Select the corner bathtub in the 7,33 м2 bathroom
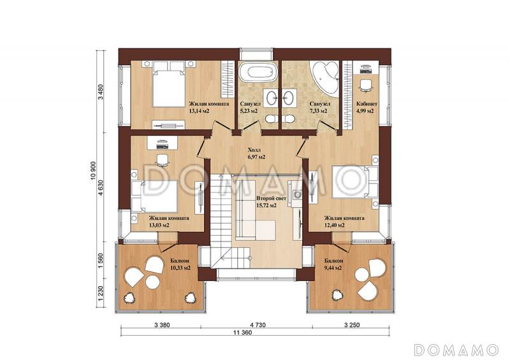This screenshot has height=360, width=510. tap(324, 75)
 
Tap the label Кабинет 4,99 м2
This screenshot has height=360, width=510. tap(367, 107)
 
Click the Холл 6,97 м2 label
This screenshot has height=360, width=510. tap(256, 154)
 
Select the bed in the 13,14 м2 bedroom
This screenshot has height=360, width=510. tap(168, 85)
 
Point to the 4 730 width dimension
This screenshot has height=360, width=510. tap(258, 324)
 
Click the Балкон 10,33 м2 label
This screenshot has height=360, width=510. tap(180, 264)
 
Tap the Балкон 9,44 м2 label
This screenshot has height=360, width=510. tap(333, 264)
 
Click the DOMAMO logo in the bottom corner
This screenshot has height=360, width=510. tap(456, 349)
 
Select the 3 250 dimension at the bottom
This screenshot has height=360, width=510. tap(352, 324)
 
